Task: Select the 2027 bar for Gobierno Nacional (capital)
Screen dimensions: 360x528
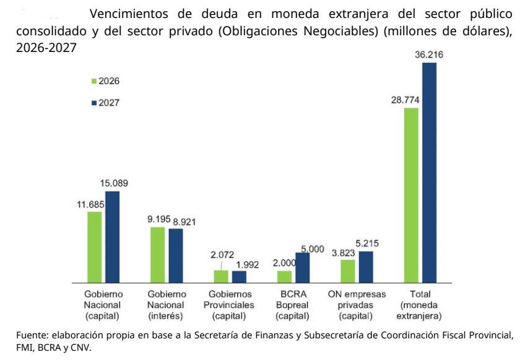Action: [x=112, y=237]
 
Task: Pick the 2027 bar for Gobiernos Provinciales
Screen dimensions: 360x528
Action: [x=239, y=276]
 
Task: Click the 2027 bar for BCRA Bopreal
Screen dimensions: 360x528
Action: [x=302, y=267]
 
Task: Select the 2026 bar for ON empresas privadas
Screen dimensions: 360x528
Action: [x=348, y=271]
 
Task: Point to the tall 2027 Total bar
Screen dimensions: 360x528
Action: [x=429, y=173]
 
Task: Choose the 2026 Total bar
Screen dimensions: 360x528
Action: [x=411, y=195]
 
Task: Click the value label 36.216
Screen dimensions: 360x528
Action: [x=429, y=55]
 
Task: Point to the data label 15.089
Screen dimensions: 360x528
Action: [x=114, y=183]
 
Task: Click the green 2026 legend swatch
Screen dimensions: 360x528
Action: [x=93, y=81]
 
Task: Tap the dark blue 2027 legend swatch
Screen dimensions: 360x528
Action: [x=93, y=103]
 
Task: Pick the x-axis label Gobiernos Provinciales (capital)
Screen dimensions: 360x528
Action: [x=230, y=304]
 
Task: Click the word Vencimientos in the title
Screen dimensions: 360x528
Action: [x=127, y=14]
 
